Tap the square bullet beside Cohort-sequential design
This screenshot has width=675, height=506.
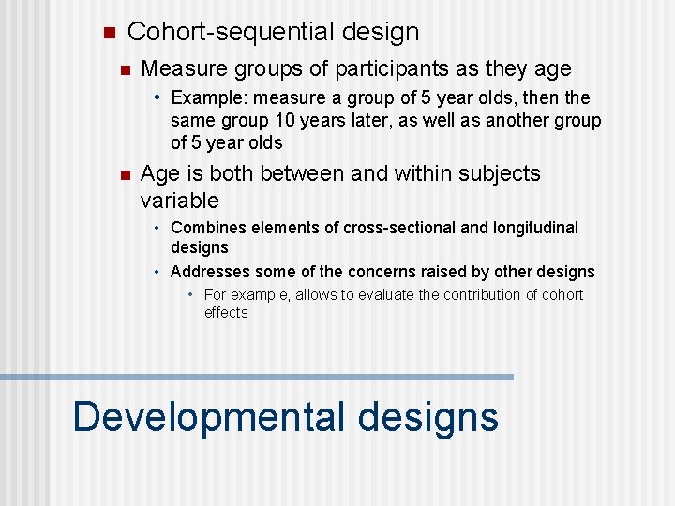tap(107, 33)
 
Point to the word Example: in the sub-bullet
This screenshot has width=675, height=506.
tap(205, 97)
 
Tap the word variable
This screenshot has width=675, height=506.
tap(179, 201)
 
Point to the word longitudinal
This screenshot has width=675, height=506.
tap(531, 228)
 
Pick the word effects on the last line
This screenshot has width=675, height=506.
tap(226, 313)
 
